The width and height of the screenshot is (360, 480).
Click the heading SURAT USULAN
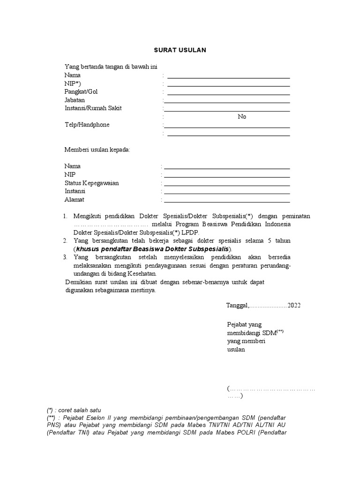pos(180,50)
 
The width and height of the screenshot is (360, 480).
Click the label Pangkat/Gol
pos(81,91)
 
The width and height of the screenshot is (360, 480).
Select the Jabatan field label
pos(75,100)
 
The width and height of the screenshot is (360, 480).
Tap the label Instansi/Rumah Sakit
pos(93,108)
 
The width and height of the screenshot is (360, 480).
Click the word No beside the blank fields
pos(242,117)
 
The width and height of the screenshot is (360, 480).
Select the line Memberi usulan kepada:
pos(97,150)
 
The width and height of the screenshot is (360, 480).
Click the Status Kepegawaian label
pos(91,183)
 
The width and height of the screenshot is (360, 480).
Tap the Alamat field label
pos(74,200)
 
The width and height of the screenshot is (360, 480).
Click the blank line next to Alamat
pos(227,202)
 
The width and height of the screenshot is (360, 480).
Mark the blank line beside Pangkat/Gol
pos(228,94)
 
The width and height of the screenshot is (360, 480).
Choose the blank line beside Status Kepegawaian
pos(227,185)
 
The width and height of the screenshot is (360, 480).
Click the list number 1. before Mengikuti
pos(65,216)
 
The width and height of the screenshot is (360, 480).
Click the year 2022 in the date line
pos(294,305)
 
